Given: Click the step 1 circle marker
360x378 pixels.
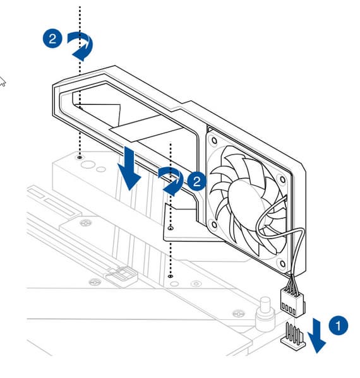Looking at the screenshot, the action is pyautogui.click(x=338, y=326).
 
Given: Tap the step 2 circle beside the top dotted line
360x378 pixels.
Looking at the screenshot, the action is pyautogui.click(x=52, y=38).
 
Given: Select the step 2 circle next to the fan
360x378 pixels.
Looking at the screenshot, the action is pyautogui.click(x=196, y=181).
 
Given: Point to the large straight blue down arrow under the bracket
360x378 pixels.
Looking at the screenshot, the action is pyautogui.click(x=129, y=168).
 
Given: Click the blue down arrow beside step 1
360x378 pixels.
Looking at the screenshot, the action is pyautogui.click(x=316, y=336).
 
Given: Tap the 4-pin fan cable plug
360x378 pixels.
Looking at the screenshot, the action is pyautogui.click(x=292, y=302).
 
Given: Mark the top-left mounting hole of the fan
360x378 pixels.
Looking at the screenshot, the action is pyautogui.click(x=214, y=140).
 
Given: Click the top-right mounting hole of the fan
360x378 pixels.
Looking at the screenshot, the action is pyautogui.click(x=282, y=180).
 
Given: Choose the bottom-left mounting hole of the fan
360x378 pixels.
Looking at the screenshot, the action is pyautogui.click(x=213, y=225).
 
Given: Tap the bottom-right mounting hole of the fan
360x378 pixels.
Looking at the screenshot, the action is pyautogui.click(x=282, y=264).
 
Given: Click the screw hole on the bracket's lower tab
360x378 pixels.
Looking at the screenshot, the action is pyautogui.click(x=171, y=228).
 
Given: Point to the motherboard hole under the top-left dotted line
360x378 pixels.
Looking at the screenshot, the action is pyautogui.click(x=80, y=157).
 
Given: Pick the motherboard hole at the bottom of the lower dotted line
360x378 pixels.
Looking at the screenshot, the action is pyautogui.click(x=171, y=276).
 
